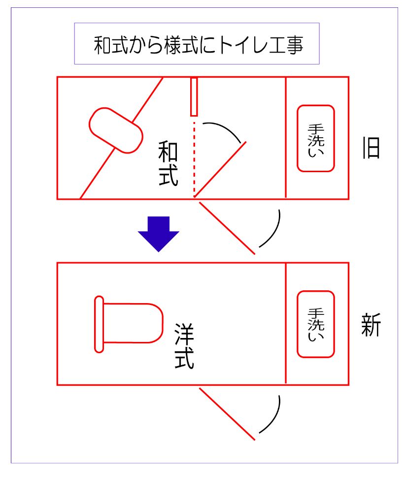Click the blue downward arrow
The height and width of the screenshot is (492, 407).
point(158,234)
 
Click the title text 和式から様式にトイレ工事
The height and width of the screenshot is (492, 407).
point(198,45)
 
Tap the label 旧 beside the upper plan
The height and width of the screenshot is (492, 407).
point(371,148)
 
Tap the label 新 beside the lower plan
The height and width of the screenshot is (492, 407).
point(371,325)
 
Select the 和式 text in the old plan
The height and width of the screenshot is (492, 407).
point(168,163)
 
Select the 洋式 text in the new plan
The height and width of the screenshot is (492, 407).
point(184,346)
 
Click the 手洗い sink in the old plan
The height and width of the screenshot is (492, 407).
point(315,138)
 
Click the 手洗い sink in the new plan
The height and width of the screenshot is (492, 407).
point(315,324)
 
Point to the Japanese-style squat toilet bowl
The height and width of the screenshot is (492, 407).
point(116,130)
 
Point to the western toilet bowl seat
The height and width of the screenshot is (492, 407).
point(133,323)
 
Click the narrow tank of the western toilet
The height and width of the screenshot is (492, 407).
point(99,324)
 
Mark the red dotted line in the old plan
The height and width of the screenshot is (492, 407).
point(194,159)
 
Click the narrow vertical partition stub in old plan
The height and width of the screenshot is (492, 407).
point(194,96)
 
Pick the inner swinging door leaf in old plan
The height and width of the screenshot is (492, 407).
point(220,169)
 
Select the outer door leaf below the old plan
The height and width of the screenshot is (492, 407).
point(227,228)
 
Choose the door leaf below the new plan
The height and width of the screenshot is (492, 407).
point(227,414)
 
